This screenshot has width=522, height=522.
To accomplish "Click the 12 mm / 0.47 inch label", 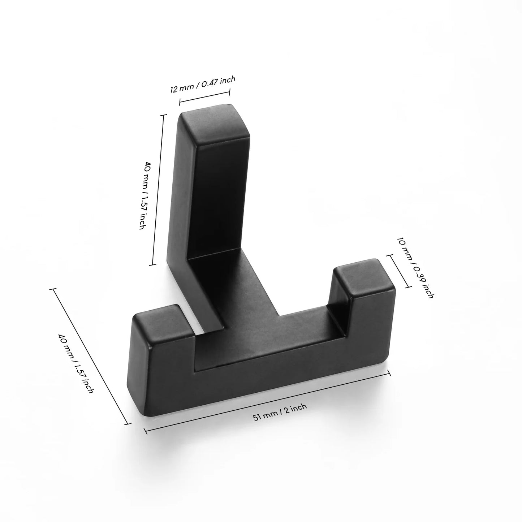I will [203, 85].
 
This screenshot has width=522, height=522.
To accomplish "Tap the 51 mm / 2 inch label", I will [280, 412].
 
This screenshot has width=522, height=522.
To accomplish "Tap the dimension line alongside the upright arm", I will [158, 190].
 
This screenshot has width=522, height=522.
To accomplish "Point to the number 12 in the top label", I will [174, 89].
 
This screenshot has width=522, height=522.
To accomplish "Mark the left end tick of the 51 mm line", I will [145, 431].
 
